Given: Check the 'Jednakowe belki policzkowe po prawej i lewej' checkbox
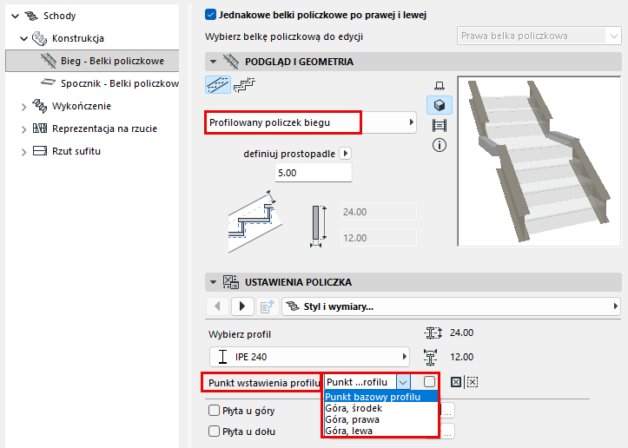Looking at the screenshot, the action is pos(211,15).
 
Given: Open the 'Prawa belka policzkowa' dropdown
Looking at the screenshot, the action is pos(539,36).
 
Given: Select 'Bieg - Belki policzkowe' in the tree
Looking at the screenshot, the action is pos(112,61).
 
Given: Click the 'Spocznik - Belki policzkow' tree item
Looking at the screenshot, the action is pos(119,83).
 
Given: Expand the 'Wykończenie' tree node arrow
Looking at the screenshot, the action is pos(23,107).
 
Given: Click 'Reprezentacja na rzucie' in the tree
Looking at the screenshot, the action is pos(104,128).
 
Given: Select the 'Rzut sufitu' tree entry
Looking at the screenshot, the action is pos(76,151).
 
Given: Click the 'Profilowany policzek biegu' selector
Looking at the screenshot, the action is pos(311,122).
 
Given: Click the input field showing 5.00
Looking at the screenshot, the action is pos(314,173).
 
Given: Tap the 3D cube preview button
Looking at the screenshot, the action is pos(440,105).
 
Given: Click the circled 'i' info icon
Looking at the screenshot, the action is pos(440,145).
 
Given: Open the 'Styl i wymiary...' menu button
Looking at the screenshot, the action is pos(451,306).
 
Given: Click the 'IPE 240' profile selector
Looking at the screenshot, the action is pos(309,357).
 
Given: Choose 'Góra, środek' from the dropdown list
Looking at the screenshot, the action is pos(354,408).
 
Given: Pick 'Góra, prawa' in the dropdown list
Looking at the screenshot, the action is pos(352,419).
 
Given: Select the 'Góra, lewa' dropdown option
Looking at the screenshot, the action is pos(349,431).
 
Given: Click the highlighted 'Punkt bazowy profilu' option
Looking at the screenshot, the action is pos(373,397).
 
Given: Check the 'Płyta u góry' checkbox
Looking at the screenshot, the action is pos(215,411).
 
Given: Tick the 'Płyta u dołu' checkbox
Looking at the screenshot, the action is pos(215,432).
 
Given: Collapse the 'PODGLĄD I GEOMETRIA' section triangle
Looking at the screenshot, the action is pos(213,62).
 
